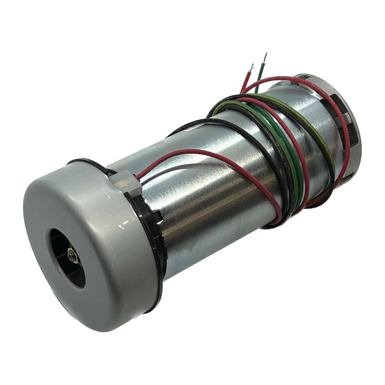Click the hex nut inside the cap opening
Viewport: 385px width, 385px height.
(72, 255)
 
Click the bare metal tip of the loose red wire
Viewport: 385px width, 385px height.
(252, 67)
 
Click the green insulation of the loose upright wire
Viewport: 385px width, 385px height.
(261, 75)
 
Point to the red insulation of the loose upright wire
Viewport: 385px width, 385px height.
(246, 81)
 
